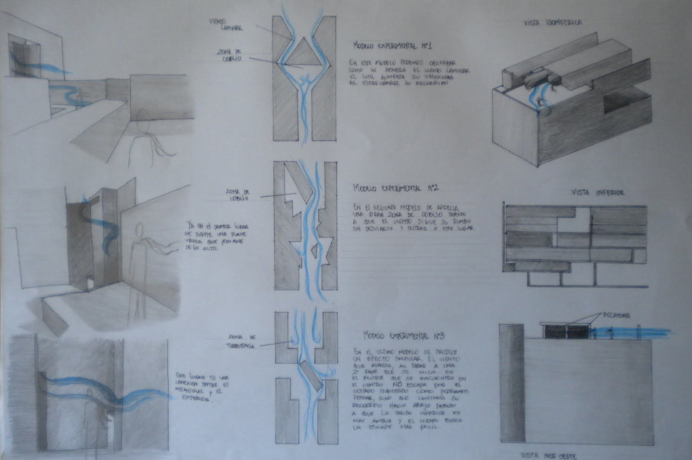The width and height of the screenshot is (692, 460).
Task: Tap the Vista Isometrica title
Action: coord(552,22)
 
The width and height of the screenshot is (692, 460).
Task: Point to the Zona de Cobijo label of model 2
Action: coord(236,195)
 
